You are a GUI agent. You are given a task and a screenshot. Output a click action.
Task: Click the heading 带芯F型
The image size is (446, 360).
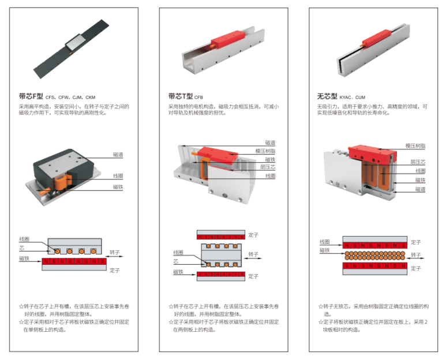pyautogui.click(x=31, y=96)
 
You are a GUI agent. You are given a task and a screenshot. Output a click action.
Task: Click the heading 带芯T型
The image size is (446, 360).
pyautogui.click(x=181, y=96)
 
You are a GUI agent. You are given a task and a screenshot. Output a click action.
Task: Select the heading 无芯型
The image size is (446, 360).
pyautogui.click(x=327, y=96)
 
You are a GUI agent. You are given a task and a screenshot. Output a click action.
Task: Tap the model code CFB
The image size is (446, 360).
pyautogui.click(x=198, y=97)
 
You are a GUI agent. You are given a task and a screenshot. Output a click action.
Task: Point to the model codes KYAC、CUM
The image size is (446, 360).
pyautogui.click(x=352, y=97)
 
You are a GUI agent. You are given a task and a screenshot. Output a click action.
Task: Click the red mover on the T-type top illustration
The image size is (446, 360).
pyautogui.click(x=227, y=39)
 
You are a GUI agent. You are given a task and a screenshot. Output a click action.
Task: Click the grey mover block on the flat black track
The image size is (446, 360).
pyautogui.click(x=74, y=42)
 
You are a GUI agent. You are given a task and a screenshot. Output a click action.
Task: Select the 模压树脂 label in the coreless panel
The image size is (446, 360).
pyautogui.click(x=415, y=146)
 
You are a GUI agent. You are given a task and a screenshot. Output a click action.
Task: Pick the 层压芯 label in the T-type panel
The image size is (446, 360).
pyautogui.click(x=268, y=167)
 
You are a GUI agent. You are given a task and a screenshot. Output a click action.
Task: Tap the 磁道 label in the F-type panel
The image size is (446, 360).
pyautogui.click(x=118, y=155)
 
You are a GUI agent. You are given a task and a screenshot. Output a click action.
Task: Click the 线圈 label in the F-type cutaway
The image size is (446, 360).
pyautogui.click(x=118, y=176)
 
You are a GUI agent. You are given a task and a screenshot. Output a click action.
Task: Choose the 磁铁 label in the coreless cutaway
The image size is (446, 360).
pyautogui.click(x=420, y=180)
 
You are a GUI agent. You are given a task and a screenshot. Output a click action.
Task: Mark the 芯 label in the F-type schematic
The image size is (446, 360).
pyautogui.click(x=22, y=248)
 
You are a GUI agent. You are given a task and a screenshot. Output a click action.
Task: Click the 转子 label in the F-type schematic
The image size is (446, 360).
pyautogui.click(x=115, y=252)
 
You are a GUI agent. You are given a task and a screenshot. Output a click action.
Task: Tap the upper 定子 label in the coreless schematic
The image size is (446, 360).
pyautogui.click(x=415, y=242)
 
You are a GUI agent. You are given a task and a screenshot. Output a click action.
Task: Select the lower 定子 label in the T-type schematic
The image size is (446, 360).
pyautogui.click(x=253, y=276)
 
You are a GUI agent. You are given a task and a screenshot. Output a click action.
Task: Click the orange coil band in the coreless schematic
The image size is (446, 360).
pyautogui.click(x=374, y=256)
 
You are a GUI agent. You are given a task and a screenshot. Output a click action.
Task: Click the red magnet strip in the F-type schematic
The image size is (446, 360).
pyautogui.click(x=74, y=261)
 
